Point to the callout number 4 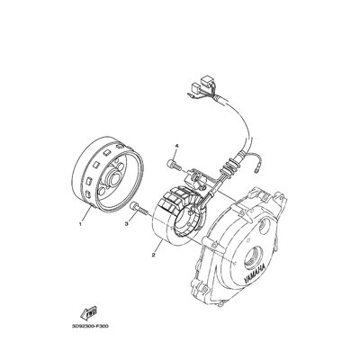[177, 144]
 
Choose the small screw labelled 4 [171, 165]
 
